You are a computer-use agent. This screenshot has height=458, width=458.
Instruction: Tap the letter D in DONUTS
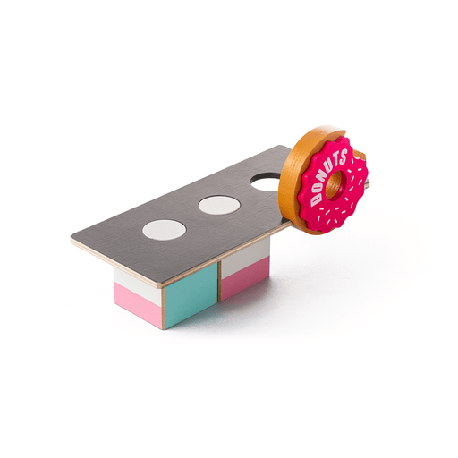315,199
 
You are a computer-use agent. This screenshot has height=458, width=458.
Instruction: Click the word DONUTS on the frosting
328,177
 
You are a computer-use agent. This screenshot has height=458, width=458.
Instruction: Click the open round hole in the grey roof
265,182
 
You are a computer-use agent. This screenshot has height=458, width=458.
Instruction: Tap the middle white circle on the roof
219,205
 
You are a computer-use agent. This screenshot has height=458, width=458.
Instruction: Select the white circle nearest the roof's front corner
165,230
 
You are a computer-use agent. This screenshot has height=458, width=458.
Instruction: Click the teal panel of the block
191,295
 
